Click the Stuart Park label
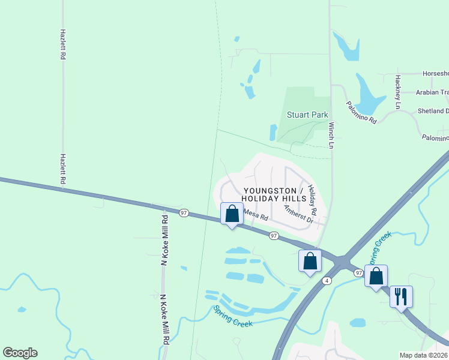[x=307, y=115]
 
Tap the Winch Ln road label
[x=331, y=135]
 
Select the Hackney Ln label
[x=397, y=92]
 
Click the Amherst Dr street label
[x=299, y=214]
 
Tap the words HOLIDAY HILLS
[x=274, y=198]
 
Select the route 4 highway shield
[x=327, y=280]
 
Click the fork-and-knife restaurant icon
[x=400, y=296]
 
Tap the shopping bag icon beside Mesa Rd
[x=232, y=214]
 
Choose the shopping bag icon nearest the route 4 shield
[x=310, y=260]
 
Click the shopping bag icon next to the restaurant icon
[x=376, y=276]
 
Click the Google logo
[x=20, y=353]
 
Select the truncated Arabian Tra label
[x=432, y=92]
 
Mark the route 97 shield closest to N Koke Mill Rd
[x=184, y=212]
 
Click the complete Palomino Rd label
[x=361, y=112]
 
